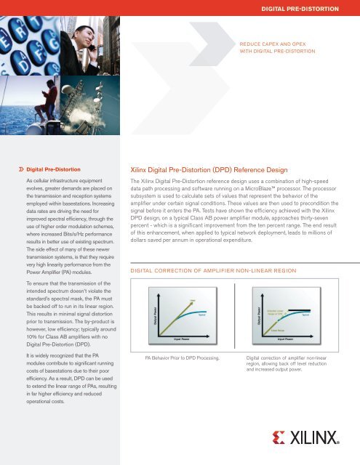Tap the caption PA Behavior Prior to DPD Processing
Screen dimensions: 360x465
click(183, 358)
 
